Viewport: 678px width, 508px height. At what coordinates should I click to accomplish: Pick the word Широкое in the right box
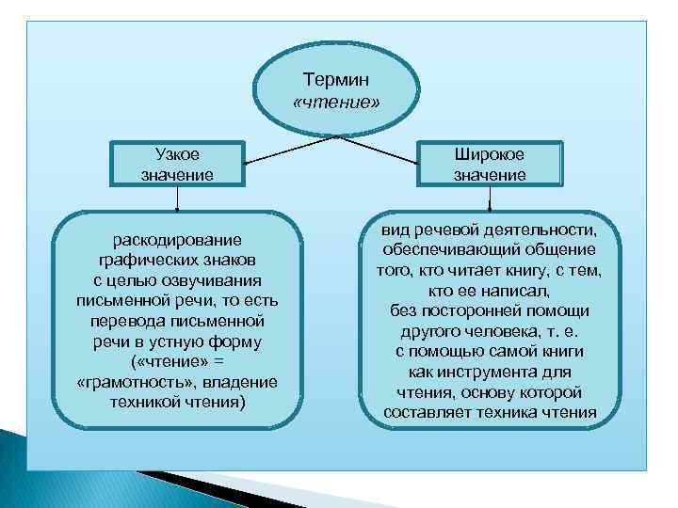click(x=490, y=155)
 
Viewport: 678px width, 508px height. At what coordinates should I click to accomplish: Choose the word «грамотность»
click(x=125, y=382)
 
